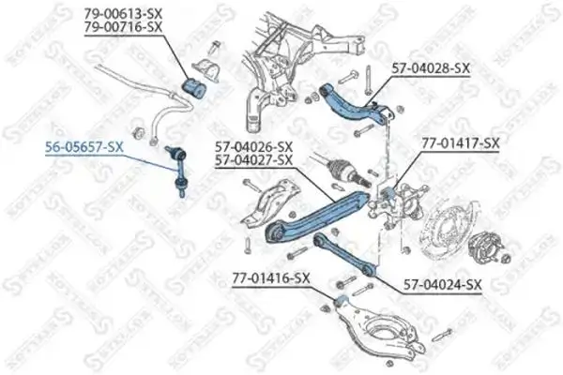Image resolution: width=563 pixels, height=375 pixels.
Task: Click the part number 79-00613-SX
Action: pos(125,13)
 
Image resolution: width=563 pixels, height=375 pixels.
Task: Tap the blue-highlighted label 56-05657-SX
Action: pos(85,147)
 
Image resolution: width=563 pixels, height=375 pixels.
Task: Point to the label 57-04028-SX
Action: pos(430,69)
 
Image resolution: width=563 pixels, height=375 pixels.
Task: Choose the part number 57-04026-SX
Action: pos(253,146)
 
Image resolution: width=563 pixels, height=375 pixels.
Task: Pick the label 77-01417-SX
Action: pos(460,143)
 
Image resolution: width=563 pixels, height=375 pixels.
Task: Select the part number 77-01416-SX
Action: pos(270,277)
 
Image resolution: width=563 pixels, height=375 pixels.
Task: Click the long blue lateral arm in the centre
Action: pos(319,212)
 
